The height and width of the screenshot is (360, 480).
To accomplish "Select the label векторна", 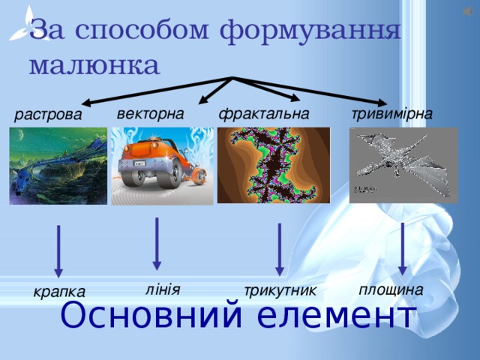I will [x=150, y=114].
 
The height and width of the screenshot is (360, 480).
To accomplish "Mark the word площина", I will [x=391, y=289].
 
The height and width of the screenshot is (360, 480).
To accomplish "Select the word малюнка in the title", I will [x=94, y=64].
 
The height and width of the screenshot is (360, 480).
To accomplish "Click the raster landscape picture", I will [x=58, y=166].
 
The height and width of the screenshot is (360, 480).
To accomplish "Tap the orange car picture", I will [x=162, y=166].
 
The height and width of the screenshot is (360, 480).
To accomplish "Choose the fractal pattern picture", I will [x=273, y=165].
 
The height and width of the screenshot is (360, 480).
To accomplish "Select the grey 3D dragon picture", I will [x=403, y=163].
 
